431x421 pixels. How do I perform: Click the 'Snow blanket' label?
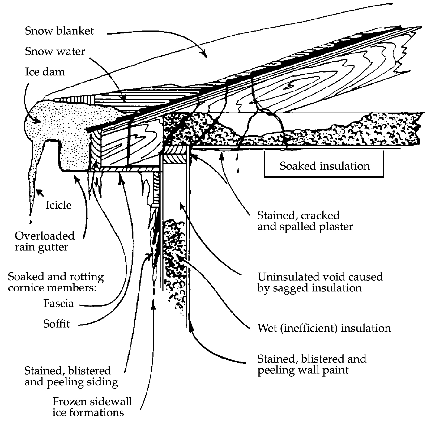click(59, 31)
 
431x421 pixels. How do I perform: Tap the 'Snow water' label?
click(55, 51)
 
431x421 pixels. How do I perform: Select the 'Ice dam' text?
click(45, 72)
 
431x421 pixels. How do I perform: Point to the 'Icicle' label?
click(58, 205)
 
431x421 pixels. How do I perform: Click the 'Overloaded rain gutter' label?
click(45, 241)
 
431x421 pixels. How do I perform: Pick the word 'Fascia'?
click(58, 303)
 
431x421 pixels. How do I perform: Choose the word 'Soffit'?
click(56, 324)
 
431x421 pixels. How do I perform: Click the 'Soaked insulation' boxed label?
click(324, 166)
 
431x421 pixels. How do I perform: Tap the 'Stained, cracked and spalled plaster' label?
click(305, 221)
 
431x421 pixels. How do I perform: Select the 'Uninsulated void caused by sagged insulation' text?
click(320, 282)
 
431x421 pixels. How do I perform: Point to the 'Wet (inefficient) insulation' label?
click(324, 328)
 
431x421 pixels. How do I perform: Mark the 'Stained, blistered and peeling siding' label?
click(71, 376)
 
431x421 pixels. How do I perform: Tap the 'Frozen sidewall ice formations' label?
click(92, 407)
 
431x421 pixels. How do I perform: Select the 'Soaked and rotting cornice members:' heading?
click(56, 282)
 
